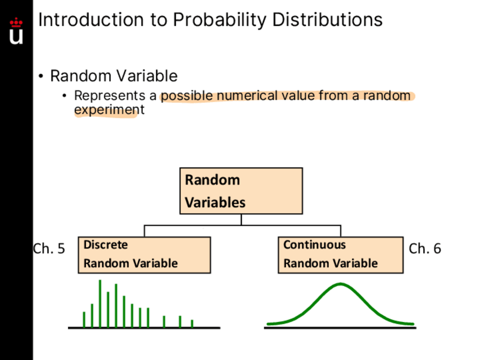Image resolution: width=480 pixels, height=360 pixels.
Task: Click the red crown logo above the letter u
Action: pos(16,22)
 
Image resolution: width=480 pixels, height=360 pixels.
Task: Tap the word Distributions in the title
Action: pos(327,20)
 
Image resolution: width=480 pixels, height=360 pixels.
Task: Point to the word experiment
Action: pos(109,110)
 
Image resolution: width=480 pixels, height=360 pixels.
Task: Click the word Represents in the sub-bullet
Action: pos(110,96)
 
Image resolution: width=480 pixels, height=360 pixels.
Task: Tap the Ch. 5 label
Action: pos(49,248)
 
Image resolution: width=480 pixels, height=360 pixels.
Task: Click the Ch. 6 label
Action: pos(425,248)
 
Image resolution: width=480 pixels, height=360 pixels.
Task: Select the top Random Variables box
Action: pos(241,191)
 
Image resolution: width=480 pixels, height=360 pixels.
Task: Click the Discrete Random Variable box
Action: pos(144,255)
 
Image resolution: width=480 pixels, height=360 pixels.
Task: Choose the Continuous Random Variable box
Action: pos(341,255)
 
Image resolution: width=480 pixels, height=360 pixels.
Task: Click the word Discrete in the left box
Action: pos(106,245)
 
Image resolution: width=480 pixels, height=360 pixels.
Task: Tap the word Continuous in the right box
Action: pos(315,245)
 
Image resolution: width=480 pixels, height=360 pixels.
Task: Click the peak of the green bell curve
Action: pos(341,284)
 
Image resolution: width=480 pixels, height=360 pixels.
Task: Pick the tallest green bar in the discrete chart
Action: pos(100,303)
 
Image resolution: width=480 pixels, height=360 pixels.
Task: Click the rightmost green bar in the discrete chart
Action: pos(192,324)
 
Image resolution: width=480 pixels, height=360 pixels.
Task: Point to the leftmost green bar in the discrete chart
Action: pos(84,320)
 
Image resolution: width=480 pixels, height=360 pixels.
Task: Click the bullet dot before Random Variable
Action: pos(41,76)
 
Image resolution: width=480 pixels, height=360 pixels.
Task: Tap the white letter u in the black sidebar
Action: pos(16,37)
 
